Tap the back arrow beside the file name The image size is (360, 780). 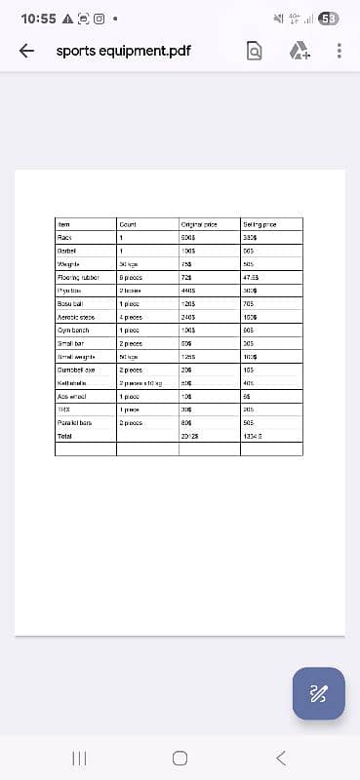click(x=27, y=51)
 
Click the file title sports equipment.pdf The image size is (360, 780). click(x=123, y=51)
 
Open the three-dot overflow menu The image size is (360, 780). click(x=339, y=52)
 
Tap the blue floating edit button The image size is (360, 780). click(x=318, y=693)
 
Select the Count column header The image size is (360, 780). click(x=127, y=224)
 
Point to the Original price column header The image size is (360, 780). click(x=198, y=224)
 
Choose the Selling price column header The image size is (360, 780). click(x=260, y=224)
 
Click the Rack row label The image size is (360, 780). click(x=65, y=237)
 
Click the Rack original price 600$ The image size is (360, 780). click(x=189, y=237)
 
